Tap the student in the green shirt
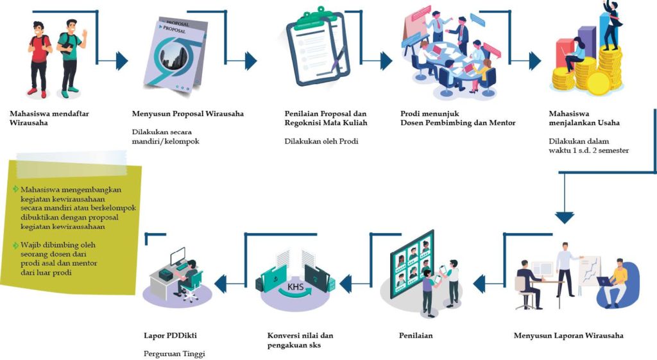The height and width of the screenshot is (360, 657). click(x=69, y=55)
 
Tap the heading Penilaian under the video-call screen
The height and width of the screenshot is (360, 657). click(x=416, y=336)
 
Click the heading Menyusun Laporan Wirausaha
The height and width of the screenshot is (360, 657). click(x=568, y=336)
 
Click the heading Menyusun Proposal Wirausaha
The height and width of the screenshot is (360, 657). click(x=187, y=114)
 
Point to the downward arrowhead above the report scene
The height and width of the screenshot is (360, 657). click(x=565, y=217)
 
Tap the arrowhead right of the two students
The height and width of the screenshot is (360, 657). click(x=121, y=61)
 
